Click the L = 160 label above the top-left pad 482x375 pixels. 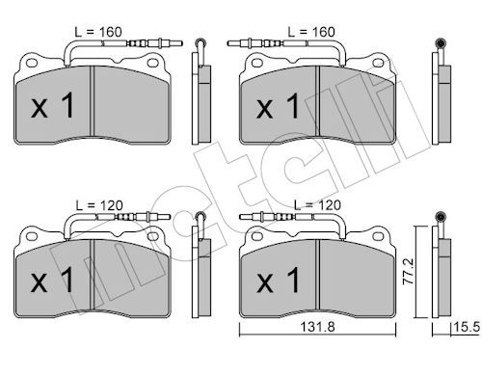[98, 32]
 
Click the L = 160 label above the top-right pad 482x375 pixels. [311, 32]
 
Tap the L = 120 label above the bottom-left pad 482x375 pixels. [99, 205]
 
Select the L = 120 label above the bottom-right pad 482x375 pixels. [317, 205]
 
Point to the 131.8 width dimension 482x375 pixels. [317, 327]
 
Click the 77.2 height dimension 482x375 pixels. [409, 272]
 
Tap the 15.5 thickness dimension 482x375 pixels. [467, 327]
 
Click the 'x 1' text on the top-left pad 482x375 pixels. [53, 105]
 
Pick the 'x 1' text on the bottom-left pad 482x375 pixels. [53, 280]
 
